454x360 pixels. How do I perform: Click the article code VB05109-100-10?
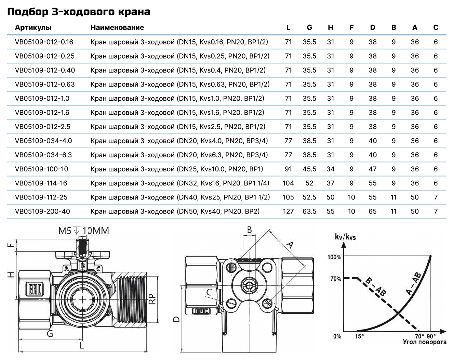tap(41, 169)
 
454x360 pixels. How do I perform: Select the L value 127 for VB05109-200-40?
tap(288, 211)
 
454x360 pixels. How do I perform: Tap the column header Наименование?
tap(117, 28)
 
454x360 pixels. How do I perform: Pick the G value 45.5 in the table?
tap(309, 169)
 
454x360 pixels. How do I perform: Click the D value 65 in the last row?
tap(373, 211)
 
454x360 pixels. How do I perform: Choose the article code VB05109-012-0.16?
tap(44, 42)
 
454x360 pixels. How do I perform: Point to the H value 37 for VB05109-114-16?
tap(331, 183)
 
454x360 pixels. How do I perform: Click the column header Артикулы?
tap(33, 28)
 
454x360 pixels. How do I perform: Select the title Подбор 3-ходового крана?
tap(79, 12)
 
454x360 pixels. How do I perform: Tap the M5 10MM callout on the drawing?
tap(83, 231)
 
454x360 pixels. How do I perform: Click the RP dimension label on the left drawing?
tap(152, 299)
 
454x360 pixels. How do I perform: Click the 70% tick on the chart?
tap(336, 279)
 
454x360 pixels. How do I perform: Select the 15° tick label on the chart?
tap(359, 336)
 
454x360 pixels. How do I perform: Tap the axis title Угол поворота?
tap(425, 342)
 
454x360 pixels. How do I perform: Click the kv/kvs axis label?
tap(345, 237)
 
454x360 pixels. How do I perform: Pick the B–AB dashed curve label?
tap(375, 287)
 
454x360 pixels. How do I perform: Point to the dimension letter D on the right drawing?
tap(176, 319)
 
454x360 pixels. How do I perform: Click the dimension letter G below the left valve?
tap(50, 334)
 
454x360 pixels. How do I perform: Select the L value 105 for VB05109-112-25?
tap(288, 197)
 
